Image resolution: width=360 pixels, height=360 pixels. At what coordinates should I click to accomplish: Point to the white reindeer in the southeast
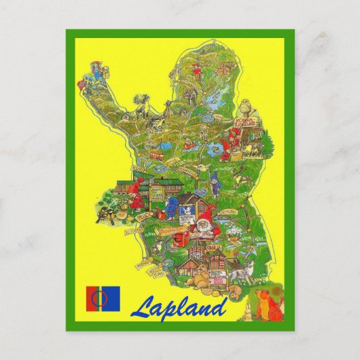tap(239, 272)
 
